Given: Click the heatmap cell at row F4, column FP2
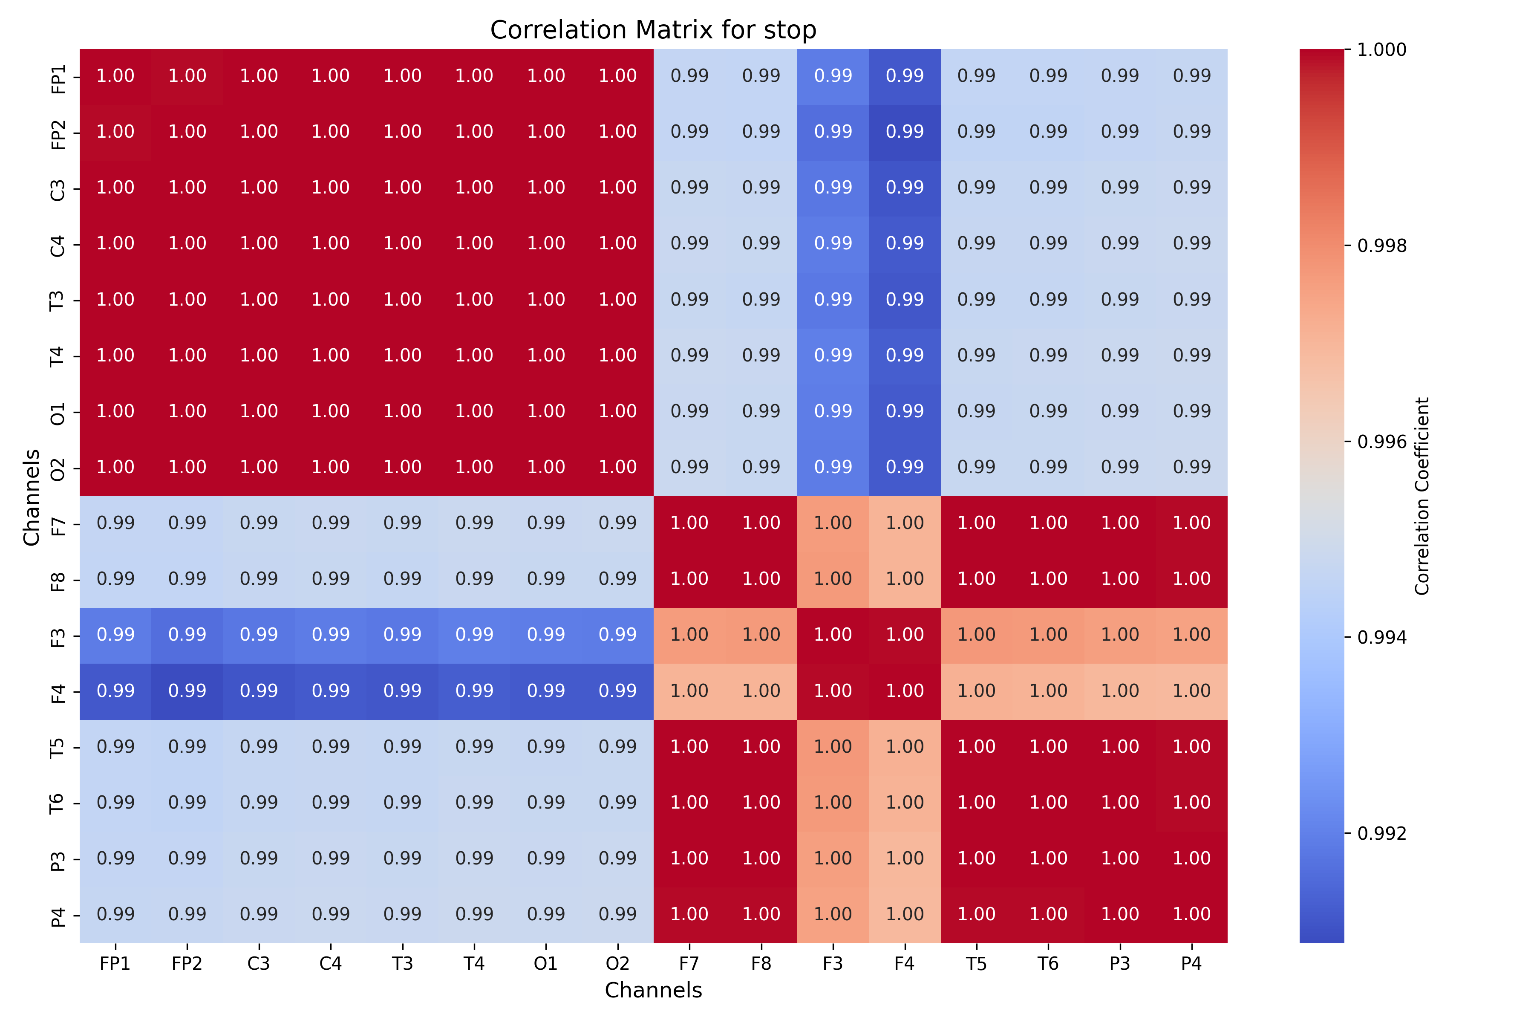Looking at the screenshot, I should point(187,691).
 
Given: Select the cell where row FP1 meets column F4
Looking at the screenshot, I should point(905,76).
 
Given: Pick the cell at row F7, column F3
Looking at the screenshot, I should point(833,523).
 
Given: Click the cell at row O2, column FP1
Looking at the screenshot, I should point(115,467).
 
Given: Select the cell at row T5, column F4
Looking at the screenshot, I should point(905,747).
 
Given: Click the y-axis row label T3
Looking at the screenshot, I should point(58,300).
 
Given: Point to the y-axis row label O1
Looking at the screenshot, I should point(58,412).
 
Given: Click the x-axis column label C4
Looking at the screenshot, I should point(331,964).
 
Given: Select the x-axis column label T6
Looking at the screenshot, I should point(1048,964).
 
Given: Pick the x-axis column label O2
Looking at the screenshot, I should point(617,964).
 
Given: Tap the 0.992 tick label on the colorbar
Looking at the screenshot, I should point(1381,833).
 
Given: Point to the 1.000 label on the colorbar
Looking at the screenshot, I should point(1381,49).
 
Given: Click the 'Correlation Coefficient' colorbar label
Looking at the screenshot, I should point(1422,496).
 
